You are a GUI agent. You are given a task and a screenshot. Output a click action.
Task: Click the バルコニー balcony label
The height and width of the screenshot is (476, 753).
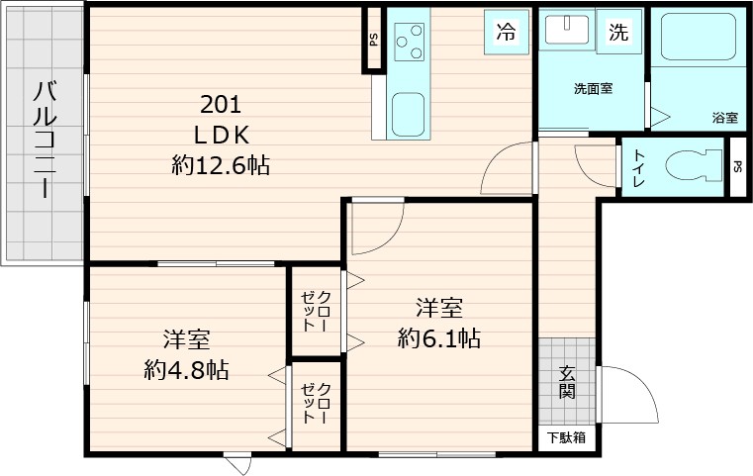coord(43,140)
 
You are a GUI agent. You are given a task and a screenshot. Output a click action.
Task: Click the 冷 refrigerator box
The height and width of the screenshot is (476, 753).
coord(506,32)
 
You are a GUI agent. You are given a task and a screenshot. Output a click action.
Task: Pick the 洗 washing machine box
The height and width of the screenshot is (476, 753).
coord(618,32)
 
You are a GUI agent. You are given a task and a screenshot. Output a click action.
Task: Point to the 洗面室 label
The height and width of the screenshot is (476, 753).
coord(593,89)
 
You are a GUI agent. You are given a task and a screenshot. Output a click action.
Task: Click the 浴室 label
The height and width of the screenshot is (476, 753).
coord(723,118)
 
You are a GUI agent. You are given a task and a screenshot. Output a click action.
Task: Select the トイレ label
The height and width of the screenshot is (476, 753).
coord(639,167)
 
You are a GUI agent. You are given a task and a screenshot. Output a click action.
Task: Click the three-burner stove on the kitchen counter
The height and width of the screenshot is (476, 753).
coord(409,42)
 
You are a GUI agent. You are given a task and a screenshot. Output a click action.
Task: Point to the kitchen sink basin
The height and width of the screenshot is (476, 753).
coord(409,113)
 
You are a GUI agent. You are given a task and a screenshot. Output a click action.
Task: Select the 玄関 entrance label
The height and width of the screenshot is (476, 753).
coord(567,383)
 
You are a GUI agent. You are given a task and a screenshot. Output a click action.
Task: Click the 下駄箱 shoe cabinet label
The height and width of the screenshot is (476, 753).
coord(567,436)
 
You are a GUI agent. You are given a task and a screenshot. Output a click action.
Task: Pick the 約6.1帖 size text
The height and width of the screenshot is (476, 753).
coord(439,339)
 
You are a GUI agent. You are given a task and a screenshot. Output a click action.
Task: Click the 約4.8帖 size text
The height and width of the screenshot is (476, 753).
coord(186,370)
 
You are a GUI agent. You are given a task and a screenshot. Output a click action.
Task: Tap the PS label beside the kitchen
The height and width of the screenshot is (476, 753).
coord(373,41)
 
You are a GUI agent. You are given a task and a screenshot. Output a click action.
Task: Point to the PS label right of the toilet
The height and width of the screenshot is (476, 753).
coord(737,167)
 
